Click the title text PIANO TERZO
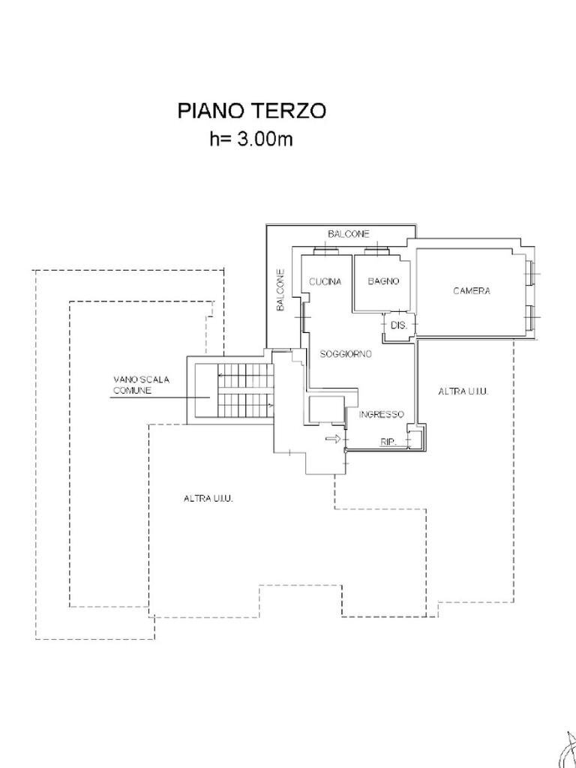[251, 111]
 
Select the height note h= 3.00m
[251, 139]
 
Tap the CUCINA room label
[325, 282]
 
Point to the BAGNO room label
[383, 282]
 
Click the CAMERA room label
[471, 291]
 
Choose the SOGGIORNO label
[346, 354]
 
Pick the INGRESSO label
[381, 415]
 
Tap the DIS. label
[398, 326]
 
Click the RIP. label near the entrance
[388, 442]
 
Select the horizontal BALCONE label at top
[349, 235]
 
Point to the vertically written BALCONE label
[280, 291]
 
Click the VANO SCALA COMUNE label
[141, 385]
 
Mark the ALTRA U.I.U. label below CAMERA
[463, 391]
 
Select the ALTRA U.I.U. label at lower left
[208, 499]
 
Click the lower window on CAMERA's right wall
[532, 317]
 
